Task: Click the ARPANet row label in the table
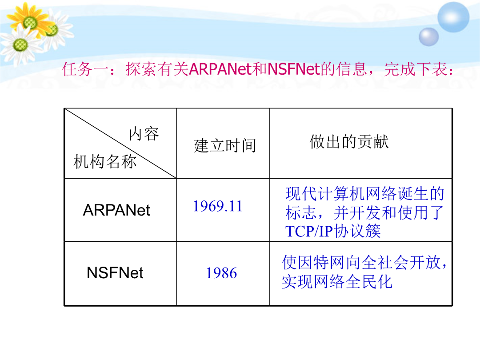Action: pos(116,210)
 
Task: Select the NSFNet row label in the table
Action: pos(115,273)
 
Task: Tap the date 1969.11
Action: pos(218,206)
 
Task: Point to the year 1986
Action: pos(221,273)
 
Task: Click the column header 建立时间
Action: pos(225,145)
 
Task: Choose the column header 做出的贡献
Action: pos(349,142)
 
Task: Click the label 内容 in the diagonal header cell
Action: pos(144,134)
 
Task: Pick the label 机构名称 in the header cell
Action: pos(105,161)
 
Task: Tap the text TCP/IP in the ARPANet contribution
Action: pos(309,232)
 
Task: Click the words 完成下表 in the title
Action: pos(416,69)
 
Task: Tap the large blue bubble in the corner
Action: pos(453,17)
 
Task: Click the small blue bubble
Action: pos(428,37)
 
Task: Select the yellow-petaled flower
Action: pos(30,21)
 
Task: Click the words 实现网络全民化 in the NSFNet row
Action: pos(337,282)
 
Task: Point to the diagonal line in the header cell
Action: pos(120,143)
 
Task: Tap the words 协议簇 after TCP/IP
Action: pos(357,231)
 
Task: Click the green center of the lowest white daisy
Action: pos(20,45)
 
